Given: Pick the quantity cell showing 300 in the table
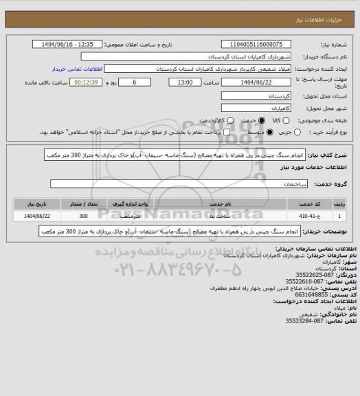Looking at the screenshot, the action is (x=84, y=215).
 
